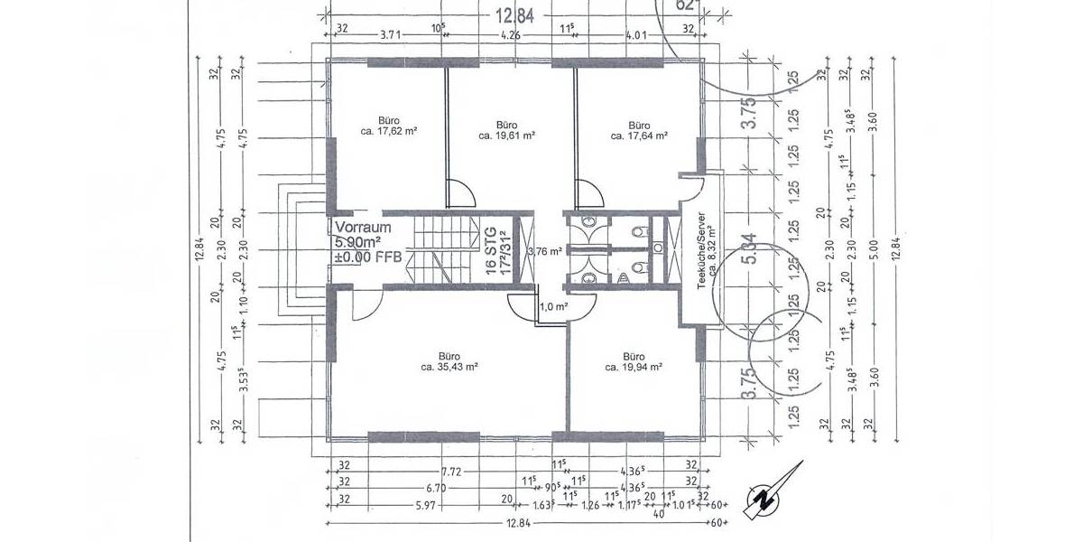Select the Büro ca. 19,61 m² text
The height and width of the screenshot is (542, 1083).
[507, 130]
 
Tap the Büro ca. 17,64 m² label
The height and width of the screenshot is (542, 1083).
[639, 130]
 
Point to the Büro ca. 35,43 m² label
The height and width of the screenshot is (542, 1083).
[449, 361]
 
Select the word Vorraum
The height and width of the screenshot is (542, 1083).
[363, 228]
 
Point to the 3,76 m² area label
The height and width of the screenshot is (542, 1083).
[545, 252]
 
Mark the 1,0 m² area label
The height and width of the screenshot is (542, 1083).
[552, 307]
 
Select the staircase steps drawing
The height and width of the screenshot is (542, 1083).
[444, 249]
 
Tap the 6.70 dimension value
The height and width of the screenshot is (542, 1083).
[435, 488]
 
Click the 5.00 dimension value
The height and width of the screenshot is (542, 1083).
[873, 248]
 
